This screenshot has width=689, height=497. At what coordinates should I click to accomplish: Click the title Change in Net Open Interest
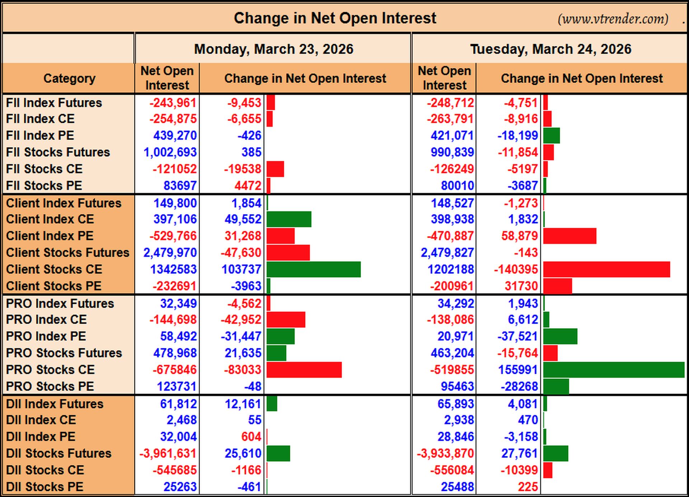tap(335, 18)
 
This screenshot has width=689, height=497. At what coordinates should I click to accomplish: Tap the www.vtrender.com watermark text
tap(613, 19)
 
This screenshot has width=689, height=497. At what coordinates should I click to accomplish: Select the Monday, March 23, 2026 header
tap(273, 49)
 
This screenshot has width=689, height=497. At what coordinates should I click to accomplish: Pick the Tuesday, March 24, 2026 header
tap(550, 49)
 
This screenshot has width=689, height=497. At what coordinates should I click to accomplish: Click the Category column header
tap(69, 78)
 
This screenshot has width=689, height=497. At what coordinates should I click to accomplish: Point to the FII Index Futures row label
tap(54, 103)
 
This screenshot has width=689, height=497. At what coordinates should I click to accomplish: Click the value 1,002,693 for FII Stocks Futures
tap(170, 152)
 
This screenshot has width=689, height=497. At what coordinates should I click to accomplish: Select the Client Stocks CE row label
tap(54, 269)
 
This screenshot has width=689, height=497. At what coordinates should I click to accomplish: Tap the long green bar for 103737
tap(314, 269)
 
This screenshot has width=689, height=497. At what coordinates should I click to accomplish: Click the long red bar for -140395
tap(606, 269)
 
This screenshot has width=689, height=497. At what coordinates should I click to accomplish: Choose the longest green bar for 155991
tap(614, 370)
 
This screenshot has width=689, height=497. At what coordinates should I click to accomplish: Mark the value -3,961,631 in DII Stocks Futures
tap(168, 454)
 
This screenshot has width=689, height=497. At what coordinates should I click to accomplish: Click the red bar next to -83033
tap(304, 370)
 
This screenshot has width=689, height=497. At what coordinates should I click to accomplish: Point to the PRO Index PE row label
tap(46, 336)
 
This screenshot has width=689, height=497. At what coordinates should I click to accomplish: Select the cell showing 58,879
tap(520, 236)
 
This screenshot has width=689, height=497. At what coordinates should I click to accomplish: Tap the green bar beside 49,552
tap(289, 219)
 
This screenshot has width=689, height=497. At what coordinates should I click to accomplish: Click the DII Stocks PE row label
tap(44, 487)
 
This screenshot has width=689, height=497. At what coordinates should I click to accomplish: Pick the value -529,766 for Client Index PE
tap(173, 236)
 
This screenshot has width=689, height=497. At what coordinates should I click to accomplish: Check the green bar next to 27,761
tap(556, 454)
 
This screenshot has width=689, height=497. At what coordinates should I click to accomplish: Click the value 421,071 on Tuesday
tap(452, 136)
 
